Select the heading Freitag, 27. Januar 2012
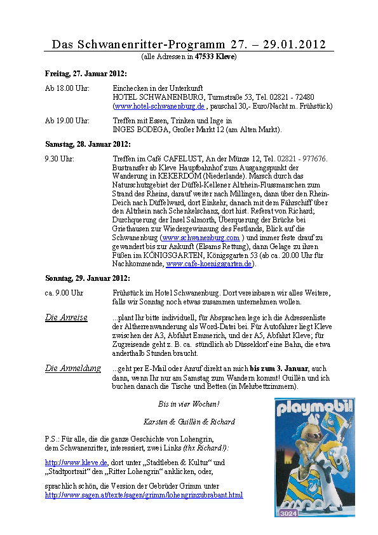click(86, 73)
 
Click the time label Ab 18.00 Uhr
click(67, 88)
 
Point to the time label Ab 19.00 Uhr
click(67, 121)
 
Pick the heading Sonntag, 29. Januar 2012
click(88, 278)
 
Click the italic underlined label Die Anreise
click(66, 317)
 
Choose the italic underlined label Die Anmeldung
click(72, 368)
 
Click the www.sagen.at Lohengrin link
click(144, 495)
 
